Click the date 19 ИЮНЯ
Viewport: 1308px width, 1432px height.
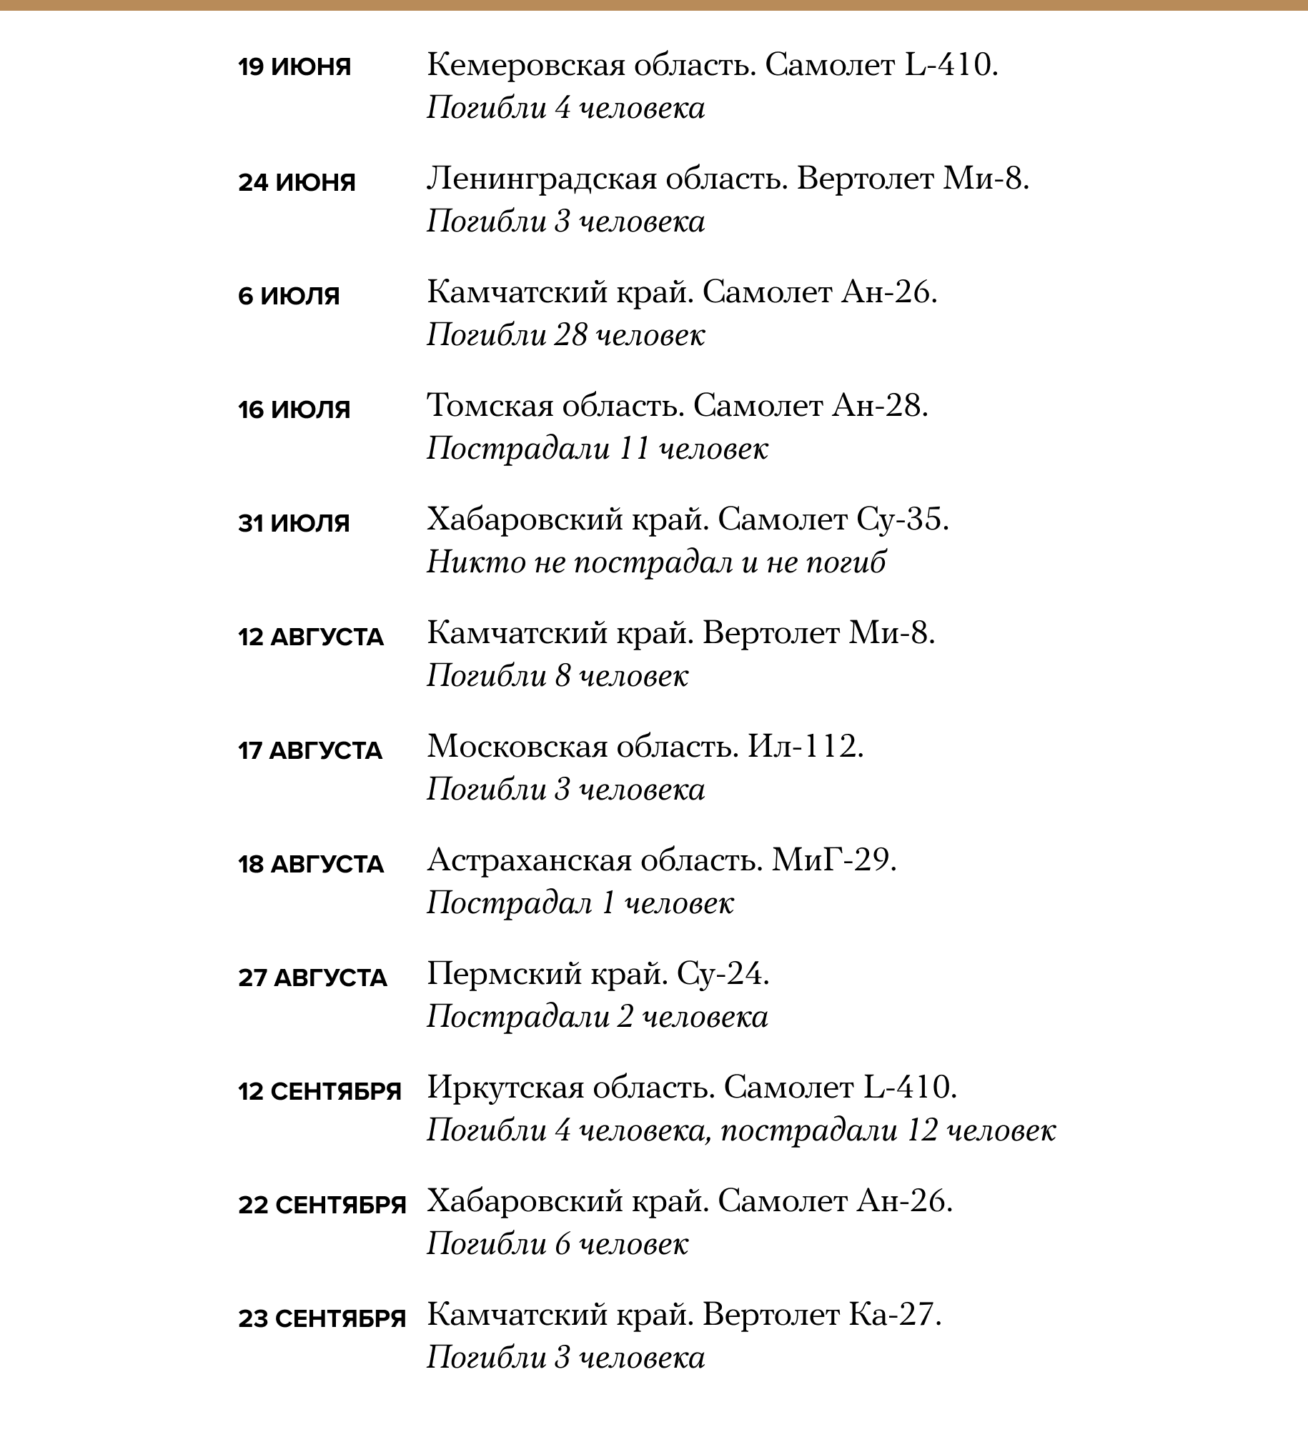[x=294, y=67]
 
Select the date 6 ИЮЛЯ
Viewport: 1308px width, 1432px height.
[x=289, y=295]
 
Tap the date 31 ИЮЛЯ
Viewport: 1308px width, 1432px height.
[x=294, y=523]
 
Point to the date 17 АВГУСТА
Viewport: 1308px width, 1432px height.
[x=310, y=750]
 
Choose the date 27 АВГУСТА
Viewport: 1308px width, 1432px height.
[x=312, y=978]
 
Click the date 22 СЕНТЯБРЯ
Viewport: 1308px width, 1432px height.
[x=322, y=1205]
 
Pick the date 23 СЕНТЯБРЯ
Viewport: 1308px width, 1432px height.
[x=322, y=1318]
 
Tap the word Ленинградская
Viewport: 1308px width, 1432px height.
[x=541, y=179]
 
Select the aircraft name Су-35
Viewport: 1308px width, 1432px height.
[x=898, y=519]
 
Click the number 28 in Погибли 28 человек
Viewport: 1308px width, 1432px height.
[x=570, y=335]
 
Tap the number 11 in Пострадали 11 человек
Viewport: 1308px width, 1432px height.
[x=634, y=449]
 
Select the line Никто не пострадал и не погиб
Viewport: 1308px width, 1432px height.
[x=656, y=562]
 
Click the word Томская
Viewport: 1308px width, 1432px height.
[x=490, y=406]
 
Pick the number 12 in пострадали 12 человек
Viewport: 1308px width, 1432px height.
[x=922, y=1130]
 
